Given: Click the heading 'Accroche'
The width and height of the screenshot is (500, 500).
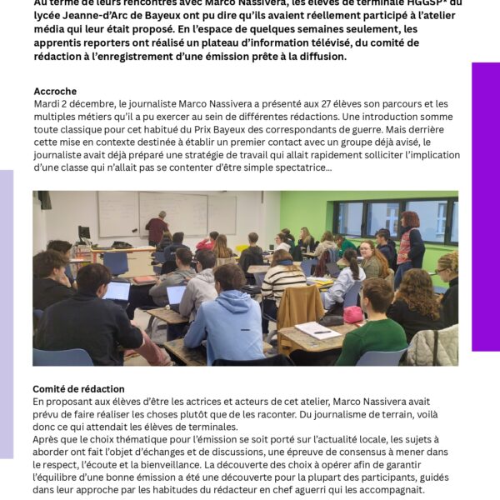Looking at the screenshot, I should (x=55, y=91).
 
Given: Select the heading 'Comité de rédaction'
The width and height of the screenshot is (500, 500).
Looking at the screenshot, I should (x=78, y=389).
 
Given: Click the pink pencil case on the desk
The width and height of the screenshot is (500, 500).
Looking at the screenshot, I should (x=353, y=314).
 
